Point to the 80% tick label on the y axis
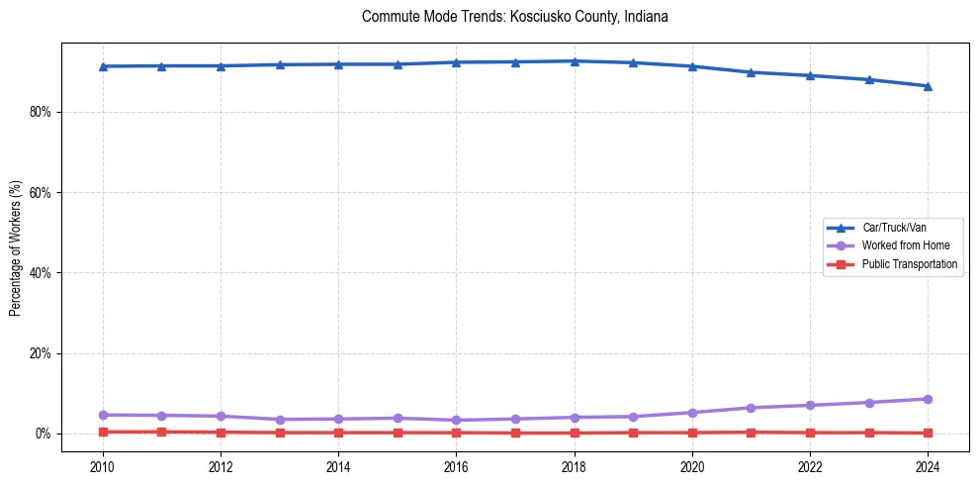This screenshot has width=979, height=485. pos(40,112)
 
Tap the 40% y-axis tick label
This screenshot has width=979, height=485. pos(40,272)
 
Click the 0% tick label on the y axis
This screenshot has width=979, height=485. pos(43,434)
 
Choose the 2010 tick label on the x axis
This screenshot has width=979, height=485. pos(103,466)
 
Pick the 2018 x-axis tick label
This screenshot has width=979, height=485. pos(575,466)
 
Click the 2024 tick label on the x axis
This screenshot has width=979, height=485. pos(928,466)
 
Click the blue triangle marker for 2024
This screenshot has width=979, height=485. pos(928,86)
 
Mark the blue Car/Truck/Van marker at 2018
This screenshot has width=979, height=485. pos(575,61)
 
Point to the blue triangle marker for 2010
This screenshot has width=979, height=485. pos(103,66)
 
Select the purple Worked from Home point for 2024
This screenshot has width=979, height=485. pos(928,399)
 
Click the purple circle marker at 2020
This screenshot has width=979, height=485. pos(692,413)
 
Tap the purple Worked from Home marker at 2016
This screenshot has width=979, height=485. pos(457,420)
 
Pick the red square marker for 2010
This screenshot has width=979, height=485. pos(103,432)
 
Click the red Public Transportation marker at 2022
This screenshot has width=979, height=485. pos(810,433)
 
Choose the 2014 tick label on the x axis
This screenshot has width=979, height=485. pos(339,466)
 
